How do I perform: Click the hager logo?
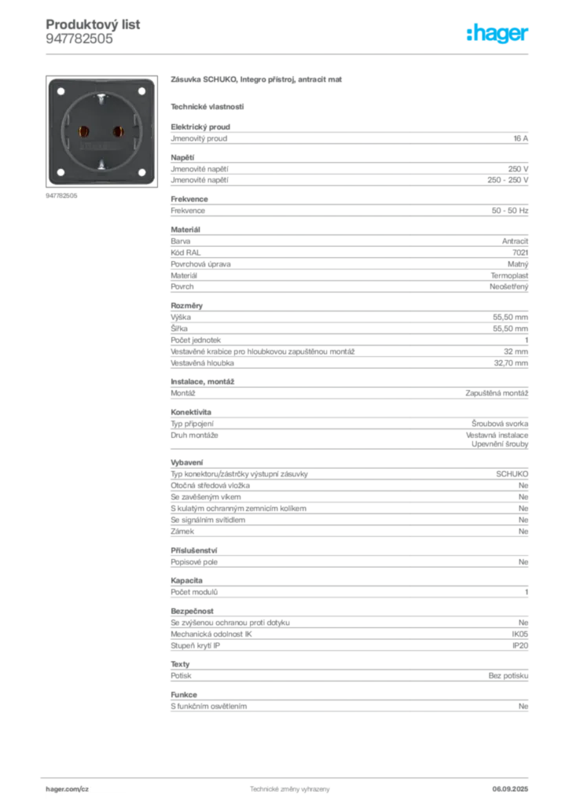(497, 33)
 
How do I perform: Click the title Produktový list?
(93, 24)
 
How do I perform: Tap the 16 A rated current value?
(521, 138)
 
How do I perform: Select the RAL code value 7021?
(520, 252)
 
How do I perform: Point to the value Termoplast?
(509, 276)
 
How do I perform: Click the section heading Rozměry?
(187, 306)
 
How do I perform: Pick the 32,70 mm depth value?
(511, 363)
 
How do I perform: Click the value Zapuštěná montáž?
(497, 393)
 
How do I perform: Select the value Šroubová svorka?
(500, 424)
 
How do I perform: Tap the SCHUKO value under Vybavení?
(512, 474)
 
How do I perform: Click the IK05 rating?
(519, 634)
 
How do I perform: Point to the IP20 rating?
(520, 645)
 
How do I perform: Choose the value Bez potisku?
(508, 675)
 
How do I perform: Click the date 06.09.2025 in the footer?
(510, 789)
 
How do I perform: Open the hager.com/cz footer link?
(68, 789)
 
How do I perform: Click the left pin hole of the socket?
(83, 132)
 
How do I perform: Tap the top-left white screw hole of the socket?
(61, 91)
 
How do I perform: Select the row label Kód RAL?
(185, 252)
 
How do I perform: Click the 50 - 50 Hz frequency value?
(510, 211)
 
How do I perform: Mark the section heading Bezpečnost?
(192, 611)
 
